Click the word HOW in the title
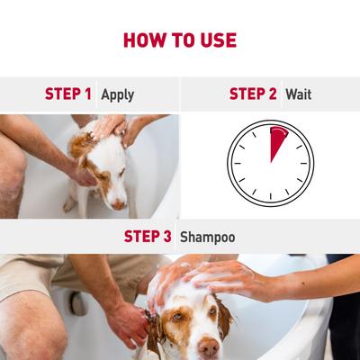(142, 40)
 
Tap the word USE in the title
(219, 40)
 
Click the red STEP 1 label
(68, 94)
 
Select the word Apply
(117, 94)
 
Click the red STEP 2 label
(253, 94)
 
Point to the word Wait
(298, 94)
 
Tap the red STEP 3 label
(148, 238)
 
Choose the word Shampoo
(207, 238)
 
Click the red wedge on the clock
(279, 143)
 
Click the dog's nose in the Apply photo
(118, 204)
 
